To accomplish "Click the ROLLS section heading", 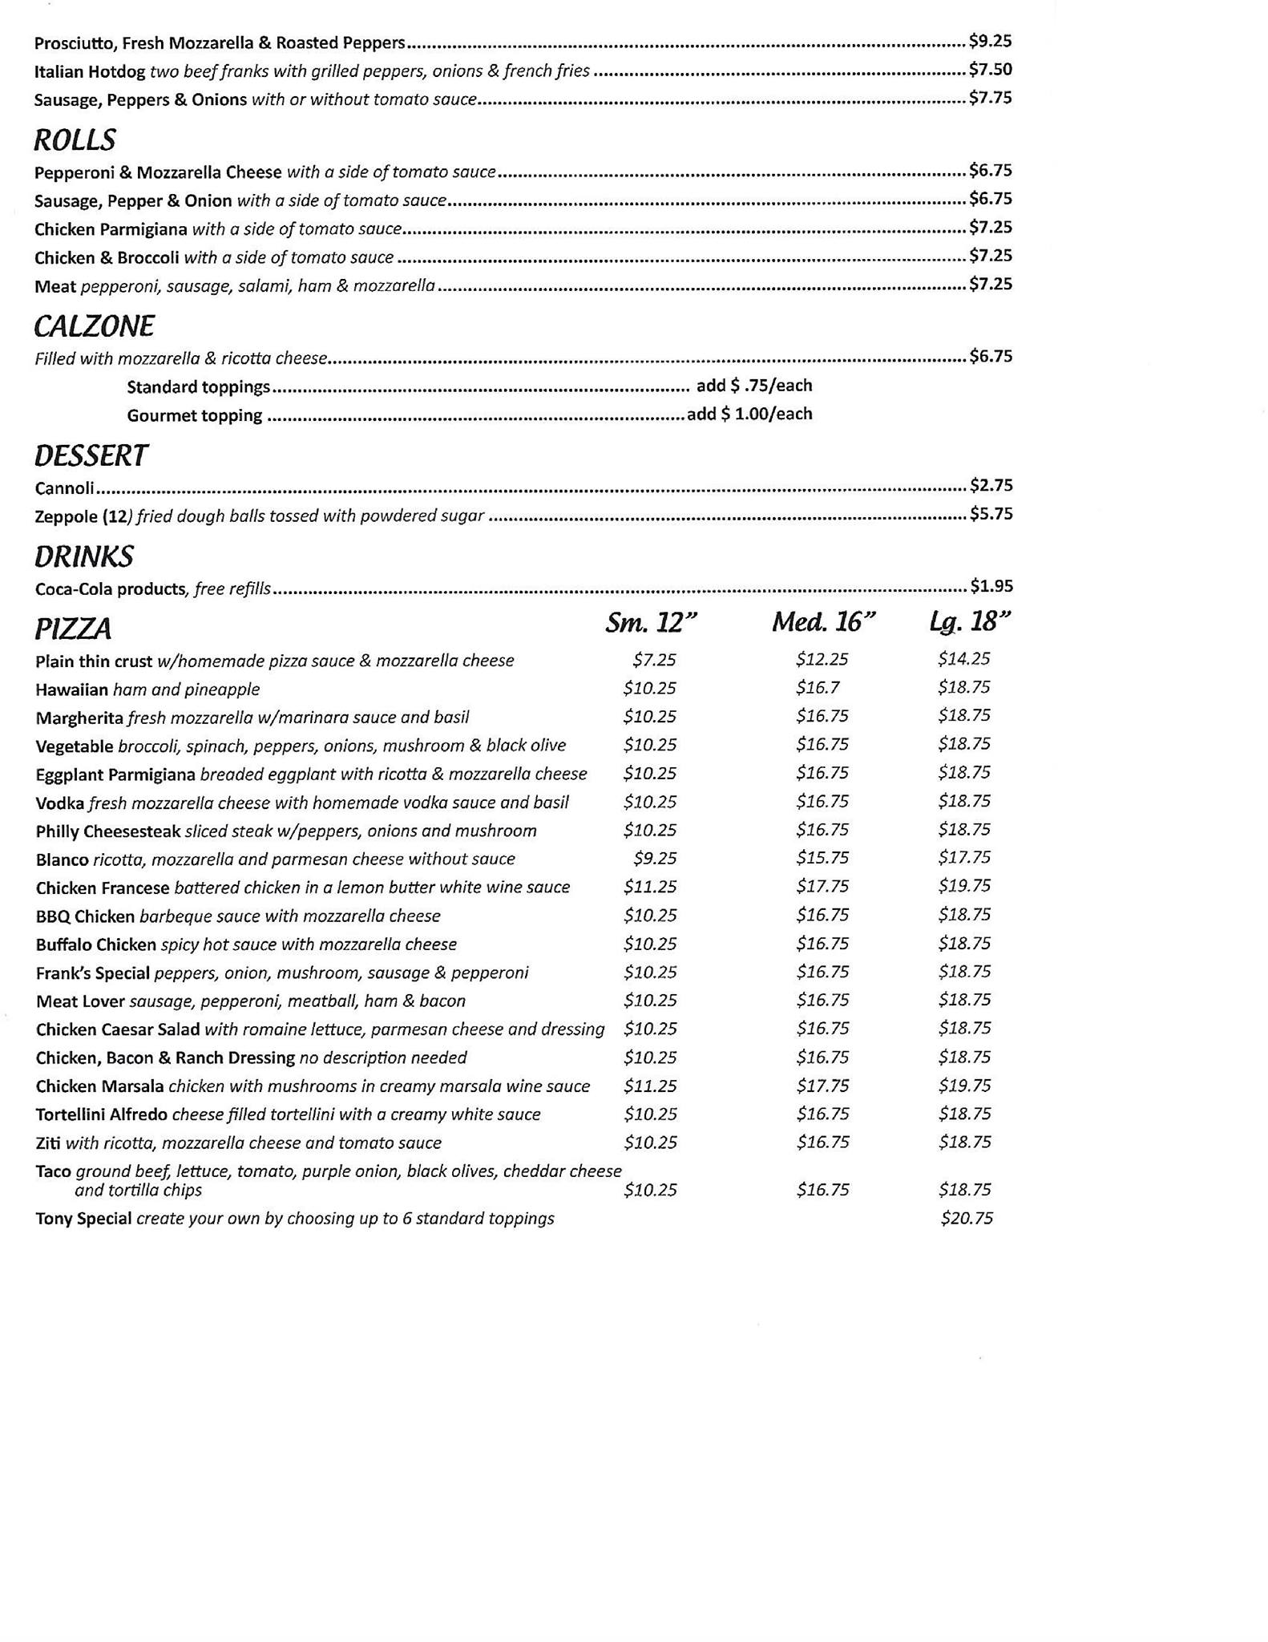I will [x=75, y=140].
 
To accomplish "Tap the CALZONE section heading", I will [x=94, y=326].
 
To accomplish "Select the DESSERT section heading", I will [x=91, y=456].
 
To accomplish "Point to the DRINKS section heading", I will [x=83, y=557].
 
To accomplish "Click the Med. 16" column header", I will [x=823, y=622].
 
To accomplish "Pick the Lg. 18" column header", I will [x=970, y=622].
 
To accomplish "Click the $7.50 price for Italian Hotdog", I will [x=991, y=70].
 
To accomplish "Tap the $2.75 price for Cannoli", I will [x=991, y=485].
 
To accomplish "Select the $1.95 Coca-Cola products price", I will [x=991, y=586].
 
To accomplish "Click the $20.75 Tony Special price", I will [x=967, y=1219].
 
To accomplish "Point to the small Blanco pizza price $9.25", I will [x=655, y=859].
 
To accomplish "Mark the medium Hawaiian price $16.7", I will [x=818, y=688].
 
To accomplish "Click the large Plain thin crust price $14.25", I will [x=964, y=659].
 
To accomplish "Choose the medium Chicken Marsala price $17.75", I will [x=822, y=1086].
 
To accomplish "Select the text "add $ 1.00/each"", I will [x=749, y=415].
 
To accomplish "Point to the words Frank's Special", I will [x=92, y=973].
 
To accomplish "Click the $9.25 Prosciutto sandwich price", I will [x=991, y=41].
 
